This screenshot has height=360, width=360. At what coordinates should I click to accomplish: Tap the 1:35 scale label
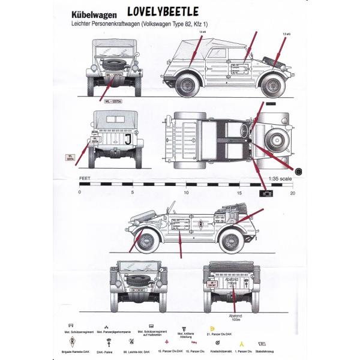point(280,179)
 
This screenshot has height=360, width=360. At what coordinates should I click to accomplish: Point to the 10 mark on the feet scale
point(186,193)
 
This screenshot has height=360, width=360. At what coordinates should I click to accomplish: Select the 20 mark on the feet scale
point(293,193)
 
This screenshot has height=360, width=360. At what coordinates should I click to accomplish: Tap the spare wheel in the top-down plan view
point(278,139)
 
